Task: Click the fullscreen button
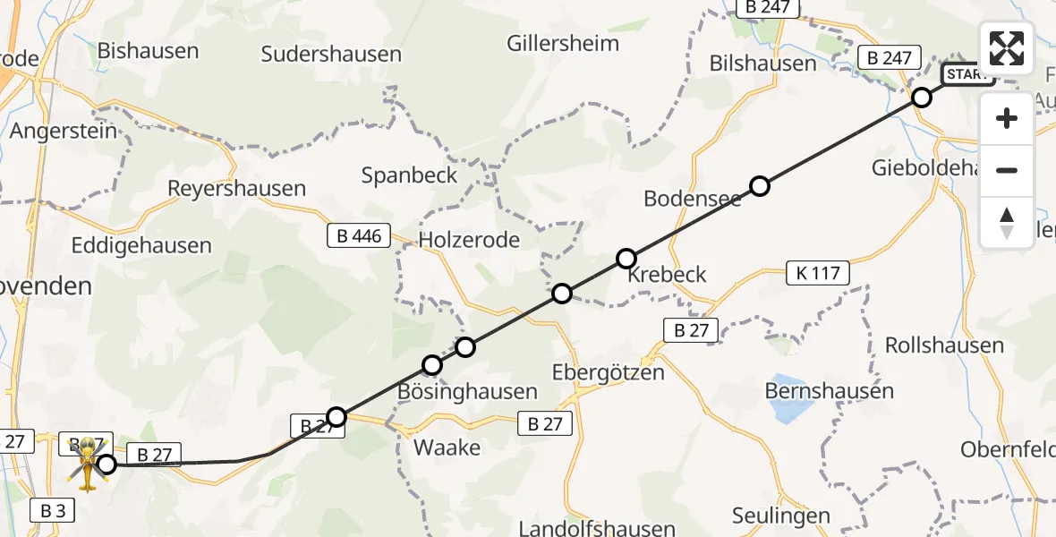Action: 1007,47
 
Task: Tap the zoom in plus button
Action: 1007,118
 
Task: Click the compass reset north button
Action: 1007,223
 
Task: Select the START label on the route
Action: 968,74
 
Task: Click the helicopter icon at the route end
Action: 88,463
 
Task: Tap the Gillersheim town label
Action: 563,43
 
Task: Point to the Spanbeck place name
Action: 409,175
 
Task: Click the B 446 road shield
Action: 358,237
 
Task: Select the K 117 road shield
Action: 817,273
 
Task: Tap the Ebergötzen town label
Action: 609,372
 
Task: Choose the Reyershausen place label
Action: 237,189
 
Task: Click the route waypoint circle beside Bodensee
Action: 760,186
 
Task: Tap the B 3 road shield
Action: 56,511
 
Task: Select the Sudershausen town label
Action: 331,54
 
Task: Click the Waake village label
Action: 447,447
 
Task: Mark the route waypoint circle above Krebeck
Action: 626,259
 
